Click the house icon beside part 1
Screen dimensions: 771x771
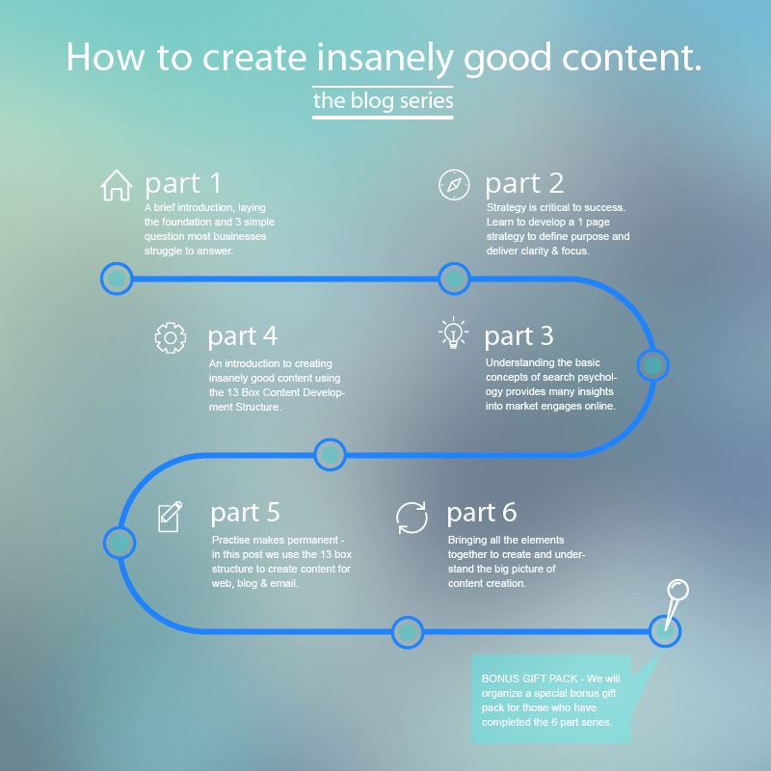coord(117,184)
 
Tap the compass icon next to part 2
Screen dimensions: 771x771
coord(454,184)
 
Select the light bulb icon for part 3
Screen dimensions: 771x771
coord(453,333)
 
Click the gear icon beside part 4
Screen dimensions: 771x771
coord(170,336)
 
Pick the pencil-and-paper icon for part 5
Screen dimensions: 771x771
coord(170,517)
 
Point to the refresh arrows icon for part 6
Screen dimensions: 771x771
coord(412,518)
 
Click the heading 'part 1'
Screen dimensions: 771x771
coord(183,183)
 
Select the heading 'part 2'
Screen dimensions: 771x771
coord(524,183)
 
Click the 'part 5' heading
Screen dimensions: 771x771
coord(245,512)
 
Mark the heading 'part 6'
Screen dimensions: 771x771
coord(482,512)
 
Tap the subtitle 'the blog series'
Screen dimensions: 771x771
coord(383,100)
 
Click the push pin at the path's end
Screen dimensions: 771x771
coord(677,592)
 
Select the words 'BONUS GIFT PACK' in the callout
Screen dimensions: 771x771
coord(527,678)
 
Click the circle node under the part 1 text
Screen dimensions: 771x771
coord(117,279)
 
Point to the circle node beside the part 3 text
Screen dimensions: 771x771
coord(652,365)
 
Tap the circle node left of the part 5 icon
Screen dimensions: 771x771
coord(120,542)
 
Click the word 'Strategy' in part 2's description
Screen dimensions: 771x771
coord(508,207)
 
